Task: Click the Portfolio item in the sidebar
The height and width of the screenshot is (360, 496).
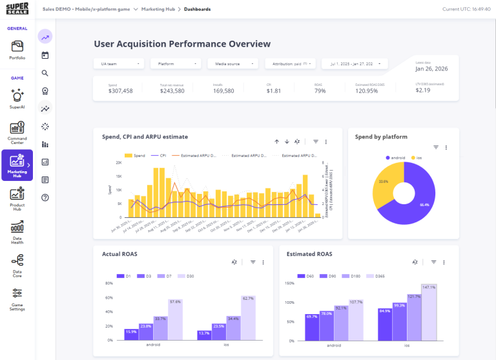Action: (17, 50)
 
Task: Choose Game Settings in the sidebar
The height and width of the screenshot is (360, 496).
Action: (17, 299)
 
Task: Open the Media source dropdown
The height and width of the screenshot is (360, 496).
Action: (233, 64)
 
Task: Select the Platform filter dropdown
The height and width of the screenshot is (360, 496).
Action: (176, 64)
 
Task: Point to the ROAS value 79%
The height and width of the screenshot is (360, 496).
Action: (320, 90)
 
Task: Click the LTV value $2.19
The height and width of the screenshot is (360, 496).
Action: (423, 90)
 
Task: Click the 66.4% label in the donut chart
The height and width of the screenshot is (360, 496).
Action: (424, 204)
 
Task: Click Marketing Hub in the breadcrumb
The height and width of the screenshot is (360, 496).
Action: (159, 9)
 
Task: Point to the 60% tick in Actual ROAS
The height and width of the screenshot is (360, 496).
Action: (109, 298)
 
